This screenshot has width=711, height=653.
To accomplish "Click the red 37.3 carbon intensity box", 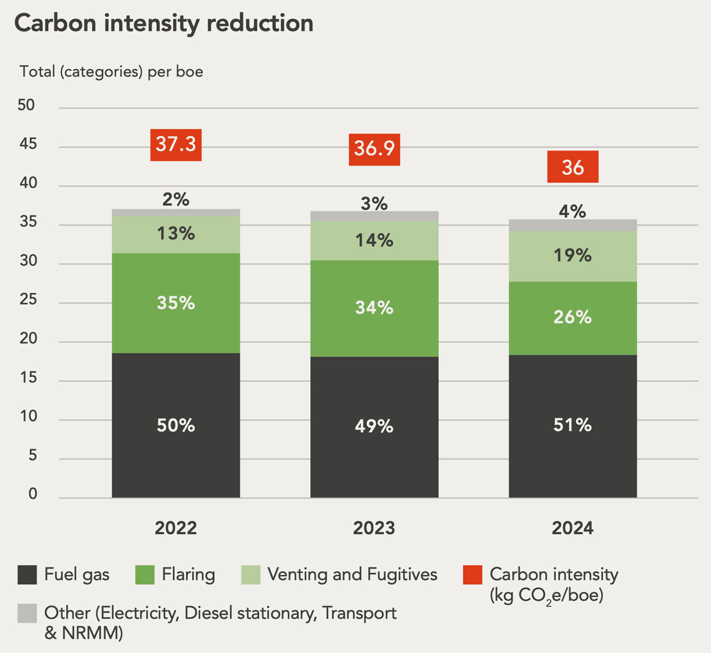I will pos(176,144).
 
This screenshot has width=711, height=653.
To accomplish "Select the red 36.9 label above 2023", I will pos(374,149).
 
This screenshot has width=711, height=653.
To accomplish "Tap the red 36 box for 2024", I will pos(573,167).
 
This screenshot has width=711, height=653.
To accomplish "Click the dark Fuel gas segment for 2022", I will pos(176,425).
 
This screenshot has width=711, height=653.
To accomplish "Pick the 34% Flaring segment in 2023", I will pos(374,308).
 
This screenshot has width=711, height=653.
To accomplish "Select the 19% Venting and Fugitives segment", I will pos(573,256).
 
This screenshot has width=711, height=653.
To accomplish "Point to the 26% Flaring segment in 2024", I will pos(573,318).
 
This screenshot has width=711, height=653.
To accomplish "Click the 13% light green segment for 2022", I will pos(176,234).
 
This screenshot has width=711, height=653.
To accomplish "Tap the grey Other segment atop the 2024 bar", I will pos(573,225).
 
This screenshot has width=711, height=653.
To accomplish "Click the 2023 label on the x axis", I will pos(374,528).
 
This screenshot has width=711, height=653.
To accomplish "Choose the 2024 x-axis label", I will pos(573,528).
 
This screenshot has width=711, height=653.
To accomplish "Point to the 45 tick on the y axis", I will pos(27,144).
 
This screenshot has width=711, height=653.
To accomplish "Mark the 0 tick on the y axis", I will pos(32,494).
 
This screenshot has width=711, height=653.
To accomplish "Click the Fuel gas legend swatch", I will pos(27,575).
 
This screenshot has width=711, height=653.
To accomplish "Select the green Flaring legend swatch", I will pos(145,575).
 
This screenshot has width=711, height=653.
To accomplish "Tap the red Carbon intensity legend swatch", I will pos(473,575).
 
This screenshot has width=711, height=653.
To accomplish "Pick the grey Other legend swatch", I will pos(27,613).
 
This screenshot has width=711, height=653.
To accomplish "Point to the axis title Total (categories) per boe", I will pos(111,72).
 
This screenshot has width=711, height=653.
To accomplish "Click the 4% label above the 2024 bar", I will pos(573,211).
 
